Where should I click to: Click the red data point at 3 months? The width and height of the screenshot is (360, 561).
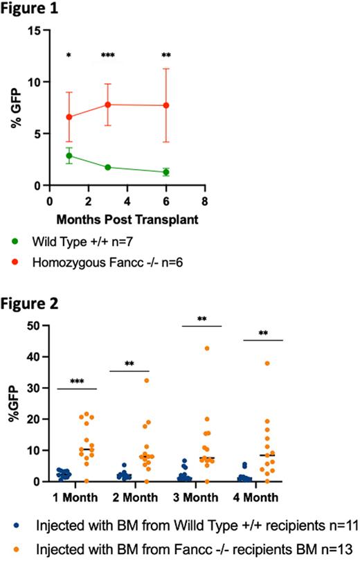(x=108, y=105)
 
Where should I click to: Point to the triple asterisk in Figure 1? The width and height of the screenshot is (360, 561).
(x=108, y=55)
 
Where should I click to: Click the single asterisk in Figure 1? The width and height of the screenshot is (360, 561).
(x=69, y=55)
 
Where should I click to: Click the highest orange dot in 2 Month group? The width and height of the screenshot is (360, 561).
(x=146, y=380)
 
